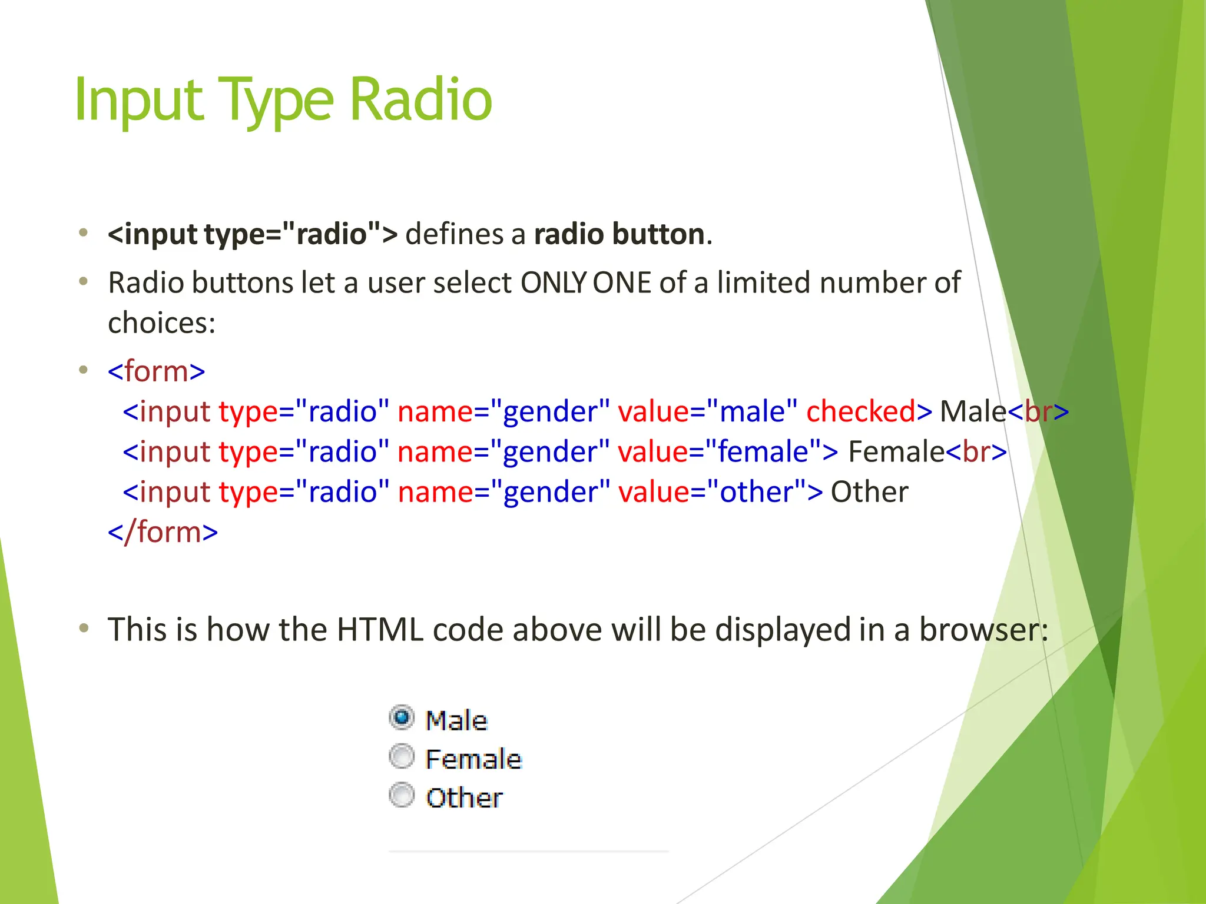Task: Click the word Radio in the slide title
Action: [x=420, y=100]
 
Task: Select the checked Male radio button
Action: [x=402, y=718]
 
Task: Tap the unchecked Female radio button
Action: [x=402, y=757]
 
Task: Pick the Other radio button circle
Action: [x=402, y=796]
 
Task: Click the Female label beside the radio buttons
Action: [x=473, y=759]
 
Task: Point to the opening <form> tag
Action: [x=157, y=371]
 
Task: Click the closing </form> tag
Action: [x=163, y=532]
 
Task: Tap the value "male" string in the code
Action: [x=752, y=411]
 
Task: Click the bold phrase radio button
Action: [x=619, y=234]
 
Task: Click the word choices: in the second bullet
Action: [x=162, y=323]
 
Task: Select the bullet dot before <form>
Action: [x=84, y=370]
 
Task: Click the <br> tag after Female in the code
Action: [x=976, y=452]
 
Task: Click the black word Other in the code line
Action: [x=869, y=492]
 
